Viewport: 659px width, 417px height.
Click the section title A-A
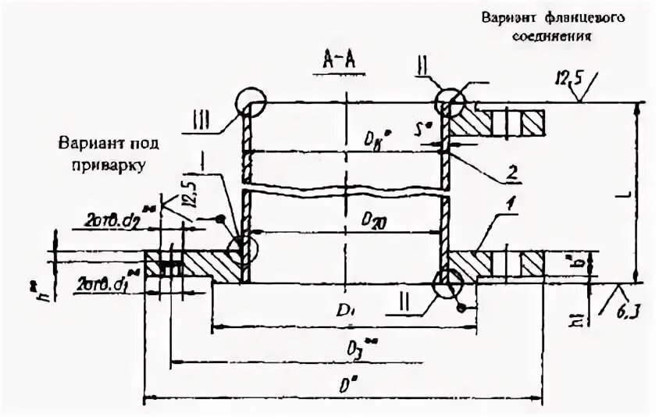click(x=341, y=59)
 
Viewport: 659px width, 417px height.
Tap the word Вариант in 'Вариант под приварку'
click(x=85, y=144)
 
